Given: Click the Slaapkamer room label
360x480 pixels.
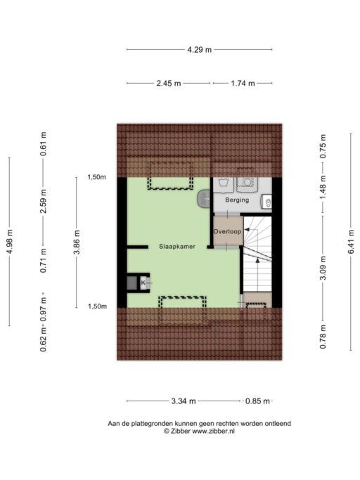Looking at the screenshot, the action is tap(176, 247).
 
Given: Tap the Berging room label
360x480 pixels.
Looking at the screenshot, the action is tap(237, 200).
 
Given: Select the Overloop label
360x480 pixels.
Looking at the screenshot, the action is tap(227, 232).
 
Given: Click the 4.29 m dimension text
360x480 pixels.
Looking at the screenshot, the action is tap(200, 50).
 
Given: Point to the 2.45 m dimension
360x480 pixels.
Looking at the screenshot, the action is tap(169, 83).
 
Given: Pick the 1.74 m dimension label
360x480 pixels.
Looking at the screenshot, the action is tap(243, 83).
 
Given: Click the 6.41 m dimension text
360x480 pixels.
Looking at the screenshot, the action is tap(351, 242).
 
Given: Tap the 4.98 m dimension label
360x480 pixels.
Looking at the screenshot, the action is tap(10, 242).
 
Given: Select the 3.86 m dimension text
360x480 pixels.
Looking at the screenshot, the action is tap(77, 242).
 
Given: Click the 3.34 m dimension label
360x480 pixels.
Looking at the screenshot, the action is tap(184, 401).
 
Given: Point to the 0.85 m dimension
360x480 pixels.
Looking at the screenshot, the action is tap(257, 401).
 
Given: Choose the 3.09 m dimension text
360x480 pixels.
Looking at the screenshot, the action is tap(323, 268).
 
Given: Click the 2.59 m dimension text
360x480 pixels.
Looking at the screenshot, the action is tap(44, 201).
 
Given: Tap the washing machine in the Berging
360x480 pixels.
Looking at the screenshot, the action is tap(247, 184).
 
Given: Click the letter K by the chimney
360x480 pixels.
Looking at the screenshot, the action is tap(143, 283).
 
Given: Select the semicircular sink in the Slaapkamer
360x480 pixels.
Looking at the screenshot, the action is tap(204, 198).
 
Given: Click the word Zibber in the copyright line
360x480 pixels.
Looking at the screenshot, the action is tap(181, 431).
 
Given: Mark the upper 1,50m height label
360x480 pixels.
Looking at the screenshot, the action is tap(96, 177).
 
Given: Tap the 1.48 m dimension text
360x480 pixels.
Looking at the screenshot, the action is tap(323, 187).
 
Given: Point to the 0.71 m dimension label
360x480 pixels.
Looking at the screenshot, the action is tap(44, 261).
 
